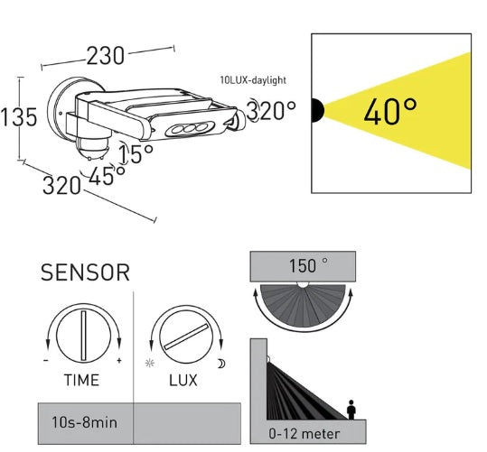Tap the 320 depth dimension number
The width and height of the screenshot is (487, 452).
[62, 186]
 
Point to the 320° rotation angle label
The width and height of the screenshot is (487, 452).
[272, 111]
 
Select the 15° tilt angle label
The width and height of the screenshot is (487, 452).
[136, 154]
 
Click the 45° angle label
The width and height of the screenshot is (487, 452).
[107, 175]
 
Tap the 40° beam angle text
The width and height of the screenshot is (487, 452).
[390, 112]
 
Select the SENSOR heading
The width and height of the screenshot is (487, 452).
[86, 271]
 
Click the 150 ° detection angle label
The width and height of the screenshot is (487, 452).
[303, 266]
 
